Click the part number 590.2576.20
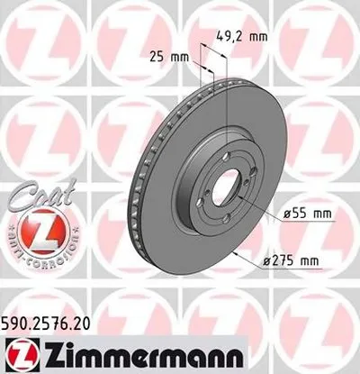52,316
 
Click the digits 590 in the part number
18,316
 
